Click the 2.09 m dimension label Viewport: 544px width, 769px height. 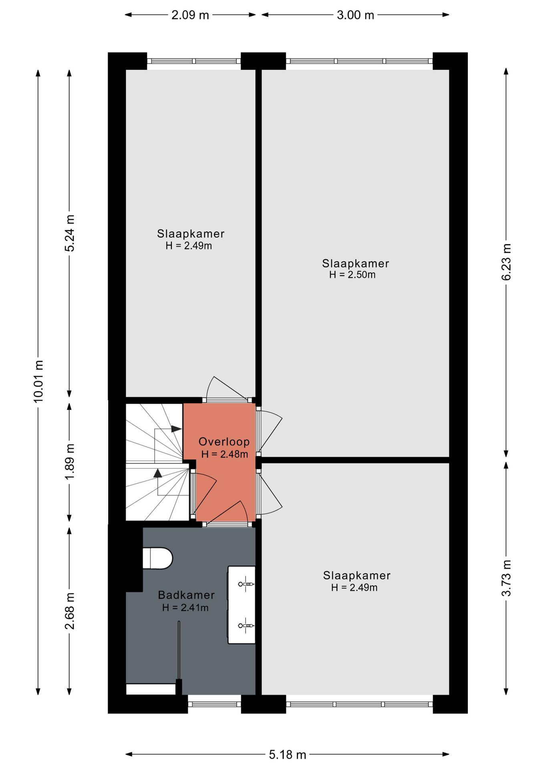pos(190,15)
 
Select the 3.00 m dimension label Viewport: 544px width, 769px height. pos(355,15)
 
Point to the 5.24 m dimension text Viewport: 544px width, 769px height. pos(70,233)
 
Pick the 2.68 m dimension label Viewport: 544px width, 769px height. pos(70,611)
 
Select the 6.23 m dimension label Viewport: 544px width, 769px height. pos(506,262)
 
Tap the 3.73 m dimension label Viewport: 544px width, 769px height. pos(506,578)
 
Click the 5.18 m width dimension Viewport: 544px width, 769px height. pos(287,755)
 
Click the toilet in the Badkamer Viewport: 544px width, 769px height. pos(157,558)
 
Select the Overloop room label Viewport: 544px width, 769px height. pos(224,442)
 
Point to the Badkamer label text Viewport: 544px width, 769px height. pos(186,595)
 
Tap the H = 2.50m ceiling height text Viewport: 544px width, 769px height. pos(353,275)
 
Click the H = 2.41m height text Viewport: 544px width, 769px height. pos(185,608)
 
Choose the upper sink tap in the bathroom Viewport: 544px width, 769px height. pos(246,584)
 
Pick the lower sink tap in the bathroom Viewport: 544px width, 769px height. pos(246,626)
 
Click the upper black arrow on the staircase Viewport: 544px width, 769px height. pos(176,429)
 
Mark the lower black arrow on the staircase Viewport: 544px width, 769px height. pos(158,473)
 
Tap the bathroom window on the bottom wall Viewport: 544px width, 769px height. pos(214,704)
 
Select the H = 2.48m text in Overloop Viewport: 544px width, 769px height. pos(225,454)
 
